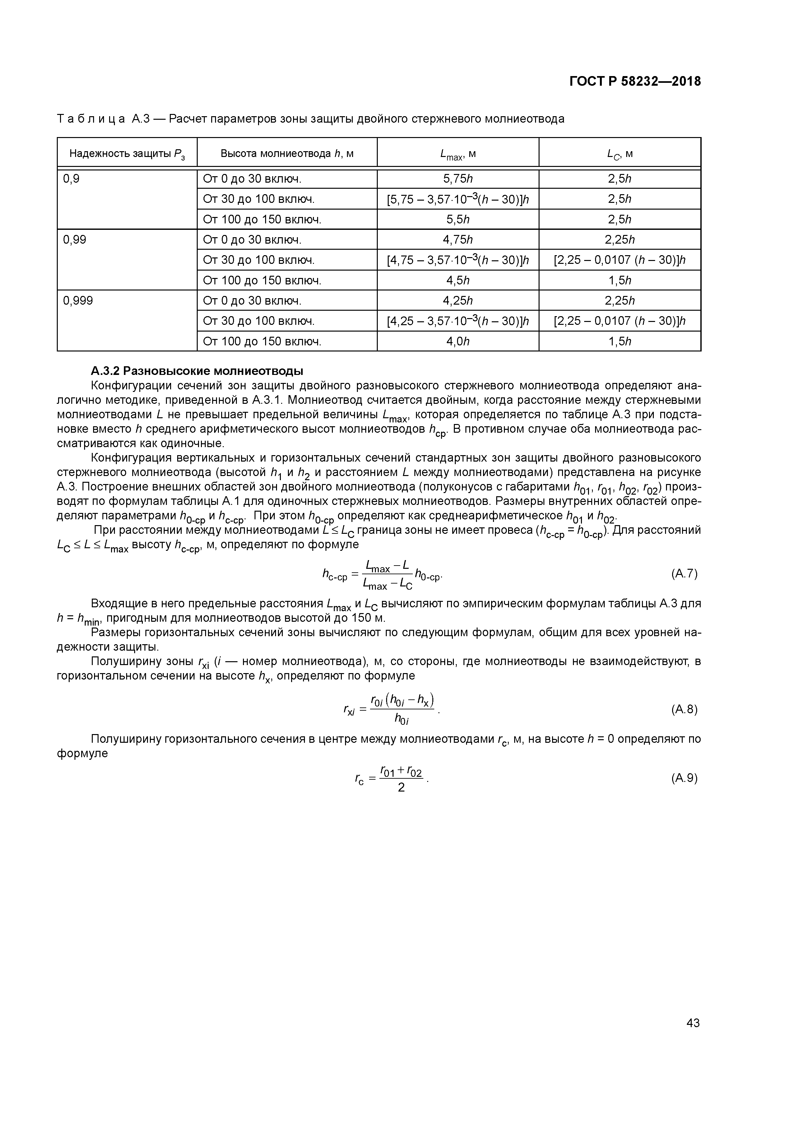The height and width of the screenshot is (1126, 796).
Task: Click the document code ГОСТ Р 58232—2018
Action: pyautogui.click(x=635, y=82)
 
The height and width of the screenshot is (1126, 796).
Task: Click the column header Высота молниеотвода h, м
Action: pyautogui.click(x=287, y=153)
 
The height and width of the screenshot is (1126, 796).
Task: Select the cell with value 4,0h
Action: pyautogui.click(x=458, y=341)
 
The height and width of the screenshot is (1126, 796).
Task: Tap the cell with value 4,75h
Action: pyautogui.click(x=458, y=240)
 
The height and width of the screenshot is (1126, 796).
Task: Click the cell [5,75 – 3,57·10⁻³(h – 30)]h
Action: pyautogui.click(x=458, y=199)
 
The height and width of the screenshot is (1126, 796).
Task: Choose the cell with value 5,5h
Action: pyautogui.click(x=458, y=220)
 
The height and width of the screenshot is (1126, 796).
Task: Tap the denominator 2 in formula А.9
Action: pyautogui.click(x=401, y=788)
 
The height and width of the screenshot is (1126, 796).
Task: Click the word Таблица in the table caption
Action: pyautogui.click(x=91, y=119)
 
